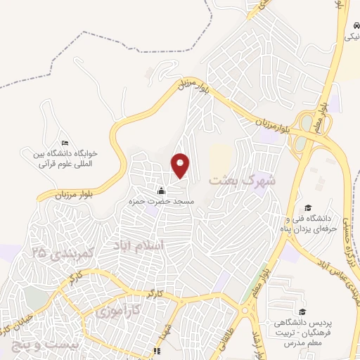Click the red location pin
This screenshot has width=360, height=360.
181,165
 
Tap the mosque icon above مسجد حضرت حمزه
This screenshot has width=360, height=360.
161,191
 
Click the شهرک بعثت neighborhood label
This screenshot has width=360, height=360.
243,179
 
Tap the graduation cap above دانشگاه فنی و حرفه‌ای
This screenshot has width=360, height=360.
307,207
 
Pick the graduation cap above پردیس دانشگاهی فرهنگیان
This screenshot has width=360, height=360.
302,312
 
